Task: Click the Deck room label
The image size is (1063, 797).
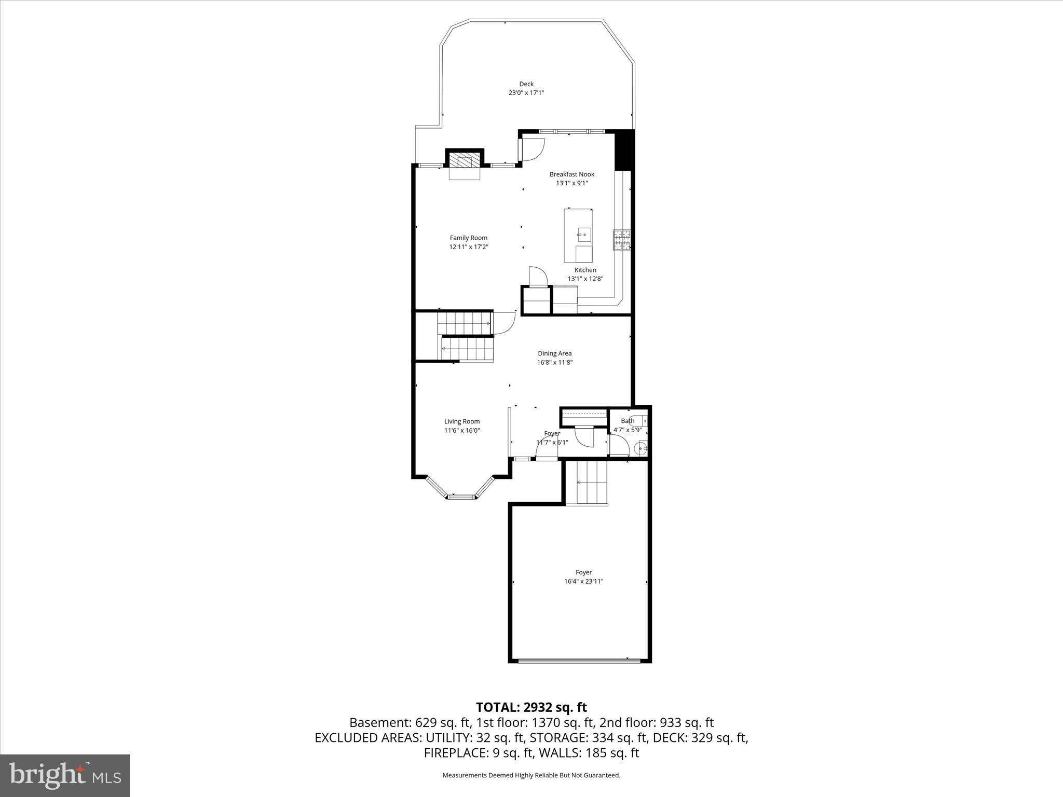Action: point(526,84)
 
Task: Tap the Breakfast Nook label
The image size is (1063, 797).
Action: point(571,174)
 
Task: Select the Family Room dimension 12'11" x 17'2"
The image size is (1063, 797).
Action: point(469,247)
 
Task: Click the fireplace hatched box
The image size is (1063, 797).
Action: point(465,160)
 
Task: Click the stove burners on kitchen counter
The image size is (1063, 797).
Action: point(622,240)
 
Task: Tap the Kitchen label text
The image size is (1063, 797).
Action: point(585,270)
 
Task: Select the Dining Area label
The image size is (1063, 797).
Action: point(554,353)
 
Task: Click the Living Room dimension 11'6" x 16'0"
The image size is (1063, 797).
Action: point(462,430)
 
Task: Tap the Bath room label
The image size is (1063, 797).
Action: point(628,421)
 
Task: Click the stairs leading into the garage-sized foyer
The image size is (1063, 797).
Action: point(591,483)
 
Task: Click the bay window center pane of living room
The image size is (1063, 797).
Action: point(462,497)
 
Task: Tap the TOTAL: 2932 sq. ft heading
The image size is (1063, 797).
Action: point(531,707)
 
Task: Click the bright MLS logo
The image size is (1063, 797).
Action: point(65,775)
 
